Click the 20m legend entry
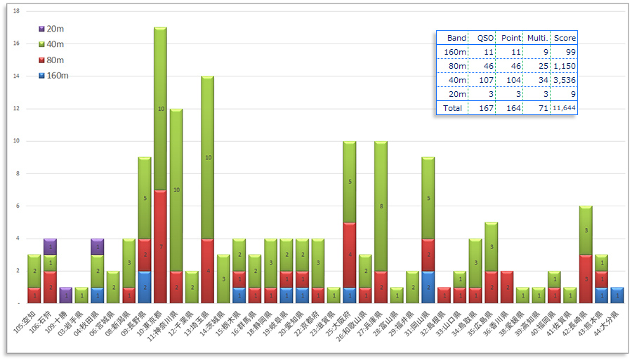coord(51,29)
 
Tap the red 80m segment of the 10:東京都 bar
coord(160,246)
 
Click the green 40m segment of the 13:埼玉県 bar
coord(207,158)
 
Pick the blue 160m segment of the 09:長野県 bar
coord(144,287)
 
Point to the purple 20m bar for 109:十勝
coord(65,295)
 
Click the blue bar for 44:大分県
coord(617,295)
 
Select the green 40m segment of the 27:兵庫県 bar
coord(381,206)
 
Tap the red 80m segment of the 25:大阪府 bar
coord(349,255)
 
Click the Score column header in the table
coord(565,38)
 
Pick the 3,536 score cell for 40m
coord(565,80)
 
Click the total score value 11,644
coord(565,108)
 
